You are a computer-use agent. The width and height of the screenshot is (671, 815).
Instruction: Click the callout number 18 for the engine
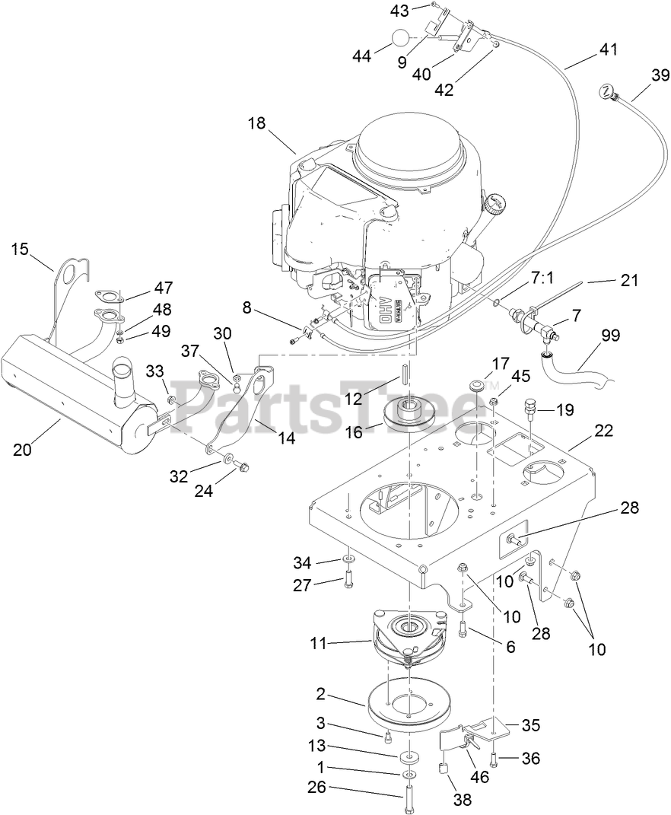(257, 123)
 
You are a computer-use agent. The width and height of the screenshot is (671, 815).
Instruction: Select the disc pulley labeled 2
(408, 703)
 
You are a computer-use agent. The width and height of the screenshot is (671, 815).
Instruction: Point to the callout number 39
(660, 75)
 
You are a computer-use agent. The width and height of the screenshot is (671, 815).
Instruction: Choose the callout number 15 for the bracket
(20, 249)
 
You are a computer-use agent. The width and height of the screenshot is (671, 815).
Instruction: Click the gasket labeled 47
(106, 295)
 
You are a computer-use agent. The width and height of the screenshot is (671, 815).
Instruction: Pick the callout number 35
(531, 725)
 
